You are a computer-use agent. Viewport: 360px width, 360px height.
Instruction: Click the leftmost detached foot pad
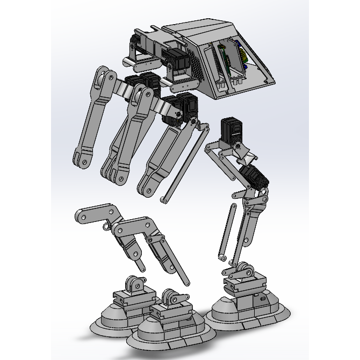121,317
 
